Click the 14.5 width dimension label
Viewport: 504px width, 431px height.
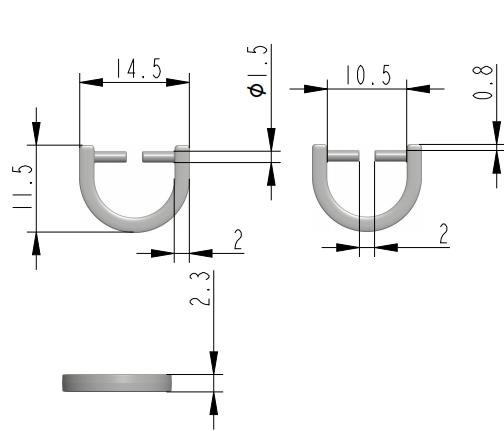pos(139,69)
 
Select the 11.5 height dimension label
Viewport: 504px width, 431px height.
pos(23,187)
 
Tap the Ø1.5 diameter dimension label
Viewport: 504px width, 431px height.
pos(257,71)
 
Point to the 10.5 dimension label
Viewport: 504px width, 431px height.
pos(368,75)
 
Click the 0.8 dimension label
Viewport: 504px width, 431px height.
pos(482,82)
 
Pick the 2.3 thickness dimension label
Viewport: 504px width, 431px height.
pos(200,289)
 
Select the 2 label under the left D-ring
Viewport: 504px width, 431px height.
pos(238,239)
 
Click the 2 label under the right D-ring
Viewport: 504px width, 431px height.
pos(443,234)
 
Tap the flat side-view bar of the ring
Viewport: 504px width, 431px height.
pos(117,383)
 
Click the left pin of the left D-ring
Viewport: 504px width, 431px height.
pos(110,157)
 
